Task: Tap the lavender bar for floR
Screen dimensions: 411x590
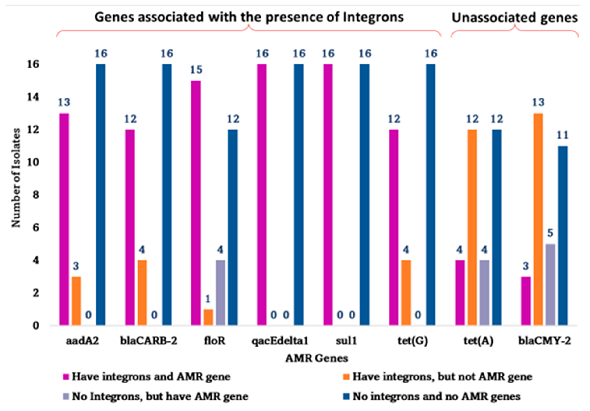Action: point(220,293)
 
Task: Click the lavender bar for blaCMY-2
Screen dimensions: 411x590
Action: point(550,284)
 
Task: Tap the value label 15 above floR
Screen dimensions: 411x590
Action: point(196,70)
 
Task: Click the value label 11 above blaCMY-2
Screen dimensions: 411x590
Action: point(562,135)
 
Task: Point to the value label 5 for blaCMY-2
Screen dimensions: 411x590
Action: point(550,233)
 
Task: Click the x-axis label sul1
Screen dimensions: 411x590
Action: point(346,341)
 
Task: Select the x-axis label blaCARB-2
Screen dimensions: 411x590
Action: point(149,341)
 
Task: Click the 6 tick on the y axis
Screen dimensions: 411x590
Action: point(35,227)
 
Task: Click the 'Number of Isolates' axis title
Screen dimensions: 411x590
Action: point(16,178)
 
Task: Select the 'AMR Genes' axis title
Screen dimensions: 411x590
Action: point(317,358)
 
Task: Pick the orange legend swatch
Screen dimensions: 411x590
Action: point(347,377)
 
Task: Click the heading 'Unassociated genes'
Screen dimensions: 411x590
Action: point(514,18)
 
